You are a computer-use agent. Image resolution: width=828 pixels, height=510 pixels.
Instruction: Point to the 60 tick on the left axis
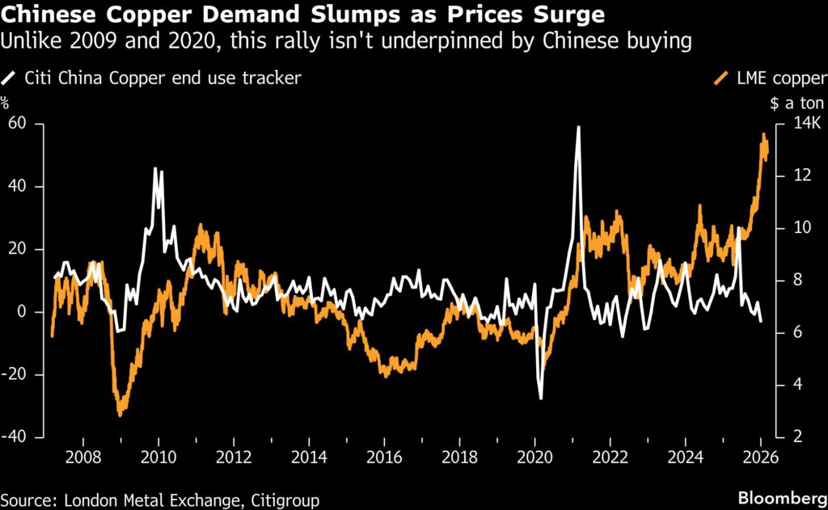coord(17,124)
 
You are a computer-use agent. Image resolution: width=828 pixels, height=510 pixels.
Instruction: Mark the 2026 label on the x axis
coord(760,457)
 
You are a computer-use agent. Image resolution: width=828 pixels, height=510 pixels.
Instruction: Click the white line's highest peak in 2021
coord(578,127)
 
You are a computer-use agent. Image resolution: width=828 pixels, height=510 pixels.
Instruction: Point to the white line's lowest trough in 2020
coord(540,398)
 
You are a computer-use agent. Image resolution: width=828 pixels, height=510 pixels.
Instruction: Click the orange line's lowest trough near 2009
coord(120,415)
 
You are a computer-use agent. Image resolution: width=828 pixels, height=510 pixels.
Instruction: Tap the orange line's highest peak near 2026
coord(763,135)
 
